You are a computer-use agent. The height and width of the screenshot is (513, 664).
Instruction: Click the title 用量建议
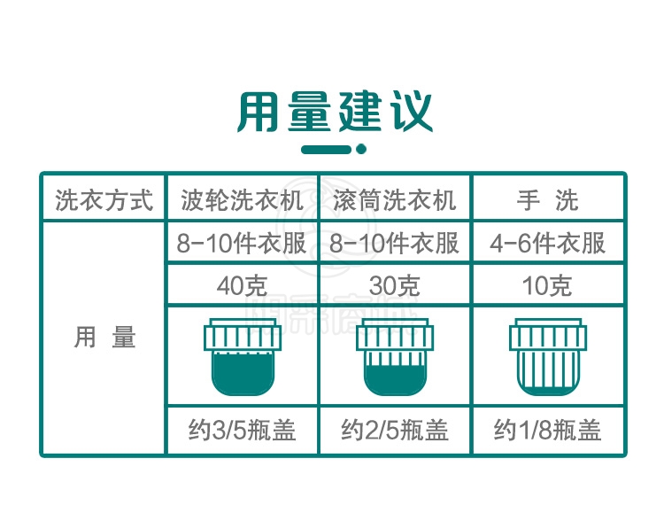click(335, 111)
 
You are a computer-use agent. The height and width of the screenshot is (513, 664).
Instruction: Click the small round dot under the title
click(361, 149)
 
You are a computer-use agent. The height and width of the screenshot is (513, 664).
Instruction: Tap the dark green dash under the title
click(327, 149)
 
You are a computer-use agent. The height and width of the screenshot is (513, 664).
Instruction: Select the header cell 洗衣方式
click(104, 200)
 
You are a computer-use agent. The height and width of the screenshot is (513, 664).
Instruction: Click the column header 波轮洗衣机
click(243, 200)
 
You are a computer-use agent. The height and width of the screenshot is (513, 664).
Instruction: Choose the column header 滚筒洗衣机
click(395, 200)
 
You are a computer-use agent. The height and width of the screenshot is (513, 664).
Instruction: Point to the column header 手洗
click(547, 200)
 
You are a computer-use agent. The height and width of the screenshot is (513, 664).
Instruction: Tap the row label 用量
click(104, 337)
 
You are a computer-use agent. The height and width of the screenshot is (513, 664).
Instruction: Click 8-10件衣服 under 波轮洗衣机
click(242, 244)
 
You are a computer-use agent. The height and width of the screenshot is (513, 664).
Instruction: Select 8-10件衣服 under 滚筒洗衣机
click(394, 244)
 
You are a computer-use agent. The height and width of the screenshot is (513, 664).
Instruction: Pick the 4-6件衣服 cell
click(547, 244)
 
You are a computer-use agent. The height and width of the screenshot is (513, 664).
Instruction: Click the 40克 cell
click(242, 285)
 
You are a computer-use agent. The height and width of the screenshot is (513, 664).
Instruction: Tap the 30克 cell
click(395, 285)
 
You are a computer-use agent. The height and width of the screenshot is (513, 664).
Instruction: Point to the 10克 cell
click(547, 285)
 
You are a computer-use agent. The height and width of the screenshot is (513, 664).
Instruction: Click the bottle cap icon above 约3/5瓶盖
click(243, 357)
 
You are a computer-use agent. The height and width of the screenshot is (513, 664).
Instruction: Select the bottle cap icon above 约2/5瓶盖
click(395, 357)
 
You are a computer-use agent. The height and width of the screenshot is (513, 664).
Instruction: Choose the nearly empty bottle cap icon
click(548, 357)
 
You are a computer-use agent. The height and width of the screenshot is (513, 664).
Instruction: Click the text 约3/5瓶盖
click(242, 430)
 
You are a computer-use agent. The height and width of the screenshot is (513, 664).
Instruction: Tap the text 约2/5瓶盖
click(395, 430)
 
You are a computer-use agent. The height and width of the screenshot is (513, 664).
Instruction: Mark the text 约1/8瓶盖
click(547, 430)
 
